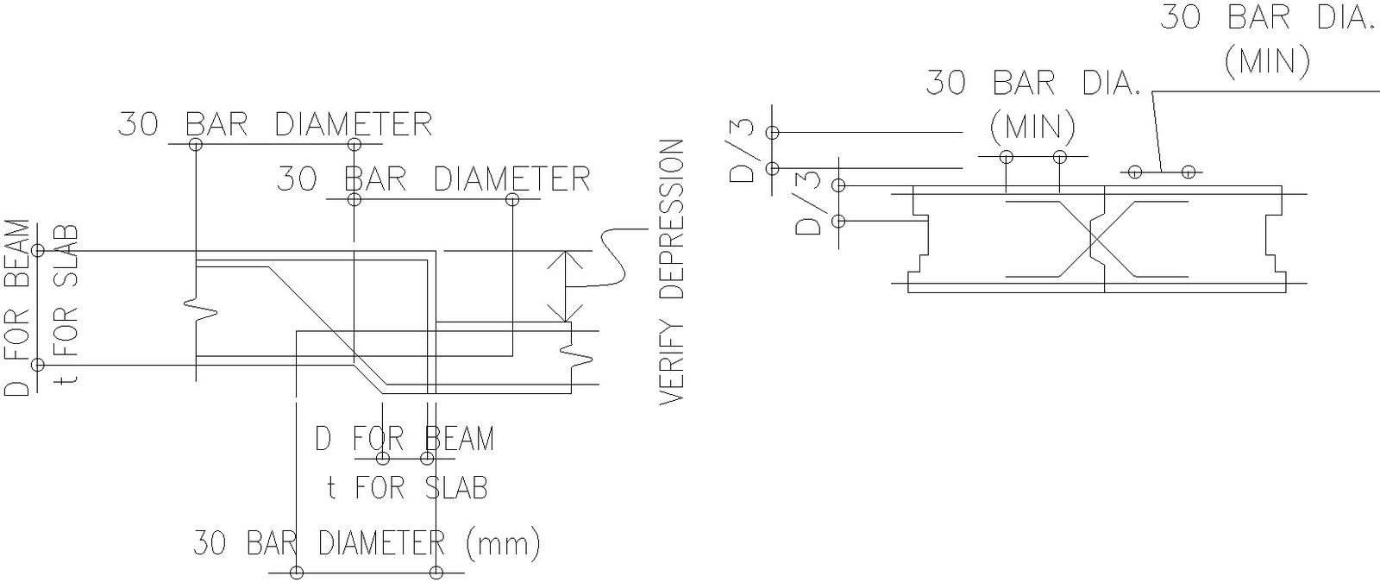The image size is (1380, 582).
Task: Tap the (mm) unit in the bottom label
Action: pyautogui.click(x=502, y=543)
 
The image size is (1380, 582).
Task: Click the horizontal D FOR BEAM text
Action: pyautogui.click(x=404, y=438)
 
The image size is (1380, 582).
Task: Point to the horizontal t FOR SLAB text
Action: pyautogui.click(x=407, y=488)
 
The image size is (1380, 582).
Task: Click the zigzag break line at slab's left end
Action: pyautogui.click(x=200, y=310)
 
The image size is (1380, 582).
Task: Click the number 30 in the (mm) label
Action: pyautogui.click(x=210, y=543)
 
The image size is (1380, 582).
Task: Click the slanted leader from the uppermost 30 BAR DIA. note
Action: pyautogui.click(x=1157, y=129)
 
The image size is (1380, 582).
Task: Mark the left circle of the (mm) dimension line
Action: pyautogui.click(x=298, y=573)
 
